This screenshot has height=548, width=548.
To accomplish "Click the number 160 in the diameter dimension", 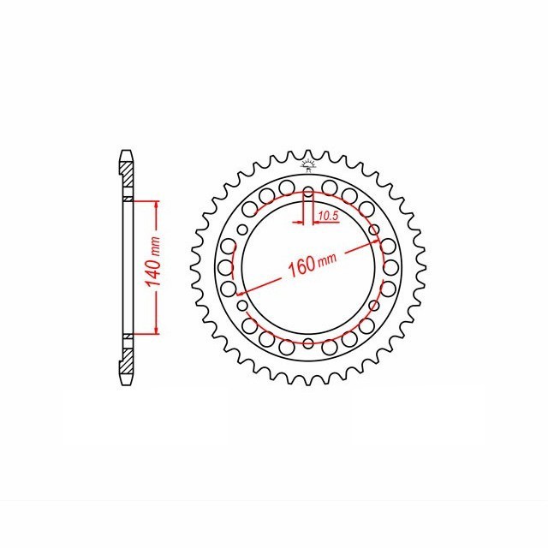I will pos(300,267).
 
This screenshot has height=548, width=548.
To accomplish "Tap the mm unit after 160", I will pos(325,258).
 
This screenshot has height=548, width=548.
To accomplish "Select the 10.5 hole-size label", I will pos(327,217).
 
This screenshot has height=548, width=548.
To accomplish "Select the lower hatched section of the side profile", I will pos(127,355).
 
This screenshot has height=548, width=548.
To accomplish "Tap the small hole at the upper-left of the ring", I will pos(243,229).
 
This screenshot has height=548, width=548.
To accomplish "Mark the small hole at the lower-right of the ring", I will pos(374,306).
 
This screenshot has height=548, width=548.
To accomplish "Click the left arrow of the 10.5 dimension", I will pos(300,223).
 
